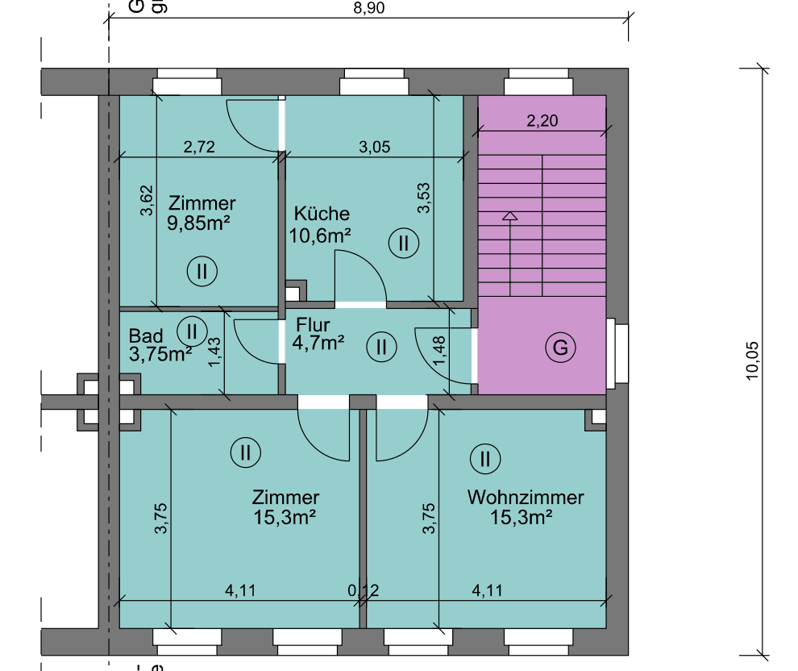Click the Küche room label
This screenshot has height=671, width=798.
pyautogui.click(x=322, y=214)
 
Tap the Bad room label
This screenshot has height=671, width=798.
pyautogui.click(x=146, y=335)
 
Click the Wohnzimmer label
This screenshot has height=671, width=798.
pyautogui.click(x=525, y=497)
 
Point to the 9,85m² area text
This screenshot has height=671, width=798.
pyautogui.click(x=199, y=223)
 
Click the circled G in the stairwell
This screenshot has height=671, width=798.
pyautogui.click(x=560, y=348)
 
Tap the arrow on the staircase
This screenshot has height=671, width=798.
pyautogui.click(x=509, y=216)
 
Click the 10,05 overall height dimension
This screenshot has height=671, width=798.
pyautogui.click(x=753, y=360)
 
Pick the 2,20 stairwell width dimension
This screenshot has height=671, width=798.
pyautogui.click(x=542, y=121)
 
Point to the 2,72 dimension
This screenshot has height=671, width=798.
pyautogui.click(x=198, y=147)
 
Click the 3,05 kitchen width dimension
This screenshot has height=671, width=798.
pyautogui.click(x=373, y=147)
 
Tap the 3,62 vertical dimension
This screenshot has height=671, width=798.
pyautogui.click(x=146, y=201)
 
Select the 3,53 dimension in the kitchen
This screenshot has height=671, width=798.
pyautogui.click(x=424, y=198)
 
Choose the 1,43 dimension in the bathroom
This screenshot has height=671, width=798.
pyautogui.click(x=214, y=352)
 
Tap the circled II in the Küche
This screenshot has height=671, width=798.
pyautogui.click(x=404, y=242)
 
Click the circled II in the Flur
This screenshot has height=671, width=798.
pyautogui.click(x=381, y=348)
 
